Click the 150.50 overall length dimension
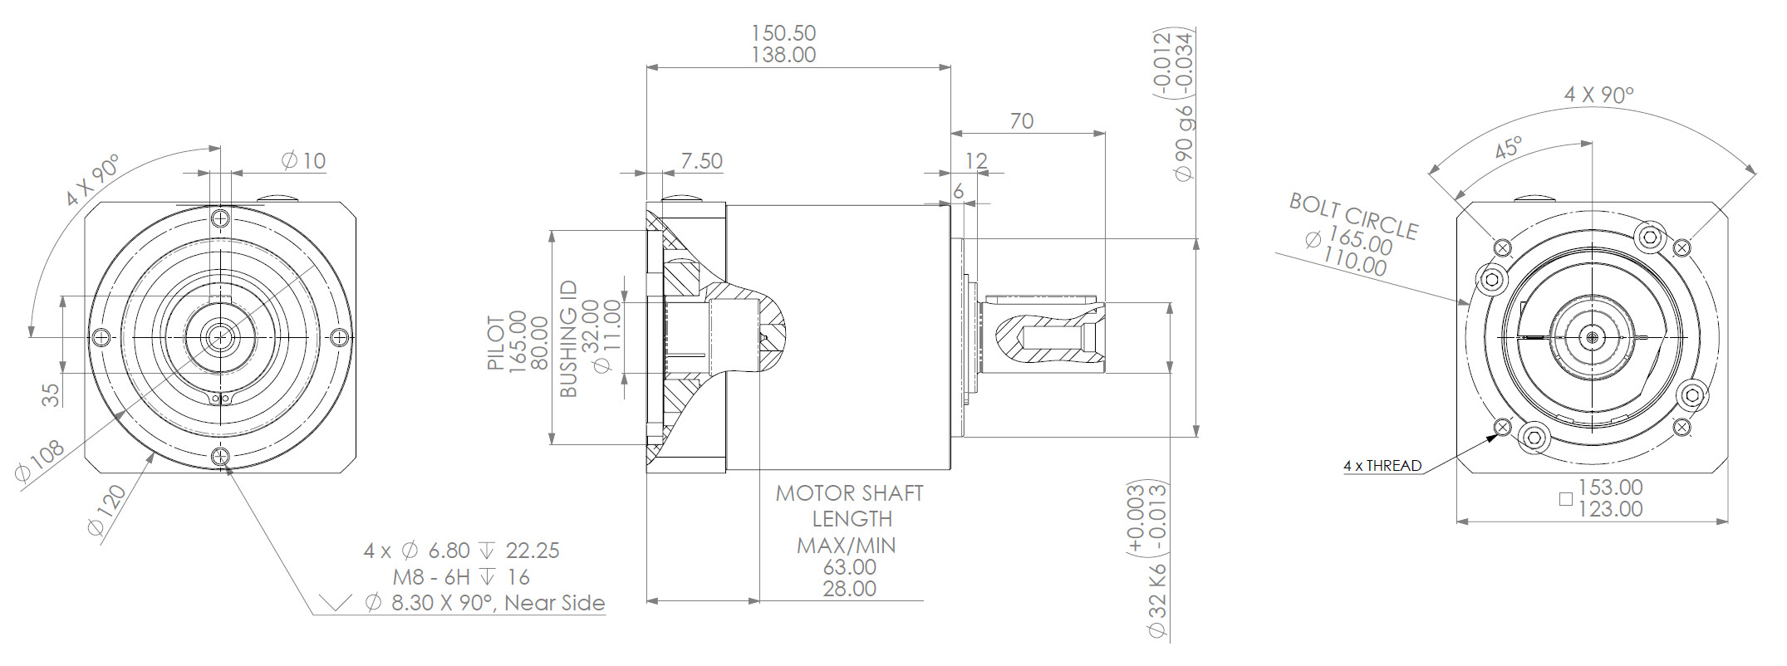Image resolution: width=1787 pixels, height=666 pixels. pos(783,33)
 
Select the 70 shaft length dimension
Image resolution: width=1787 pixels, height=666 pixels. pos(1021,121)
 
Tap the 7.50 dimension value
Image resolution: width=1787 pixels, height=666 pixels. pos(701,160)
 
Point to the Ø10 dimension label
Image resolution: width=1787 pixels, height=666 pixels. pos(304,160)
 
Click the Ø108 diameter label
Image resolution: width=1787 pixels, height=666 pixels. pos(40,461)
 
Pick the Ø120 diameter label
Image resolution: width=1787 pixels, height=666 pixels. pos(107,510)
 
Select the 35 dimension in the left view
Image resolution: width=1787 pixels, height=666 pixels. pos(51,394)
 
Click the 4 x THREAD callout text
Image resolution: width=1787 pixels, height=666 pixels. pos(1382,466)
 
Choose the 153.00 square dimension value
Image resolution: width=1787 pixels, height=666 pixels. pos(1610,487)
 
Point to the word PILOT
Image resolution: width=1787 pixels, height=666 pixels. pos(496,342)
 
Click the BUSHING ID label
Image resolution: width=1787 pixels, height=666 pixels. pos(569,339)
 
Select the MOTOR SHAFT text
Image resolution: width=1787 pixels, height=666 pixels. pos(849,493)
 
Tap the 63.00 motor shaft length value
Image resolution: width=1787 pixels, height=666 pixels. pos(850,567)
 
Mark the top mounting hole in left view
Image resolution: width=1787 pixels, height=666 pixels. pos(220,218)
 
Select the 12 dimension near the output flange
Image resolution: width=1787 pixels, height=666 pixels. pos(977,160)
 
